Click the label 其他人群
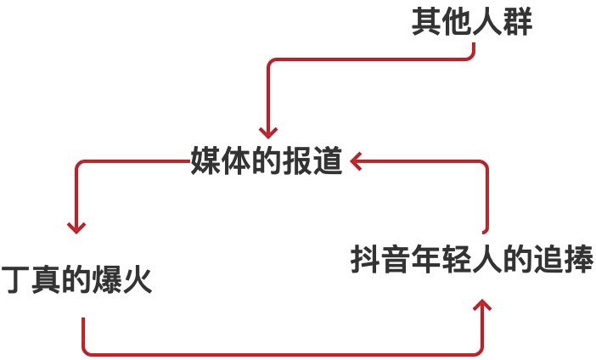[x=472, y=23]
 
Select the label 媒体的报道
[x=266, y=160]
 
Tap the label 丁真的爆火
[x=77, y=279]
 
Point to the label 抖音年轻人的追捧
[x=472, y=260]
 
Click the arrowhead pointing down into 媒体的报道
[x=268, y=131]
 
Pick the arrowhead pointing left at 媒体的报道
[x=357, y=160]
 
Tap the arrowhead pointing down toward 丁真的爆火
[x=77, y=226]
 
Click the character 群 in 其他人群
[x=518, y=23]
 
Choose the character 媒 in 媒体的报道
[x=205, y=160]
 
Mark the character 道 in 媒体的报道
[x=327, y=160]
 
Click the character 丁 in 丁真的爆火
[x=15, y=279]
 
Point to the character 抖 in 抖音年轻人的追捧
[x=366, y=260]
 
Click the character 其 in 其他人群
[x=426, y=23]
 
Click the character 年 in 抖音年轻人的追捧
[x=427, y=260]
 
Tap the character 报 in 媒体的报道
[x=296, y=160]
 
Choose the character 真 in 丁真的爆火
[x=46, y=279]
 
